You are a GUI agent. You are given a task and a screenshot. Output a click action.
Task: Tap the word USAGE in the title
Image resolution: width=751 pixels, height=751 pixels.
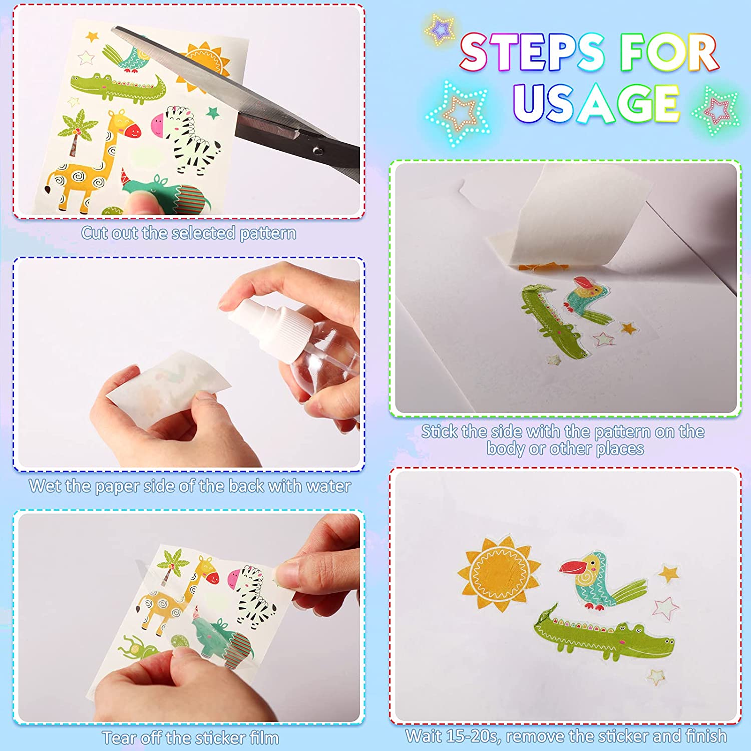pos(596,104)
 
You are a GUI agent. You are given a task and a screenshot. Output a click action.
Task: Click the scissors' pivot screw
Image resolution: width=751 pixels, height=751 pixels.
pos(316,150)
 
